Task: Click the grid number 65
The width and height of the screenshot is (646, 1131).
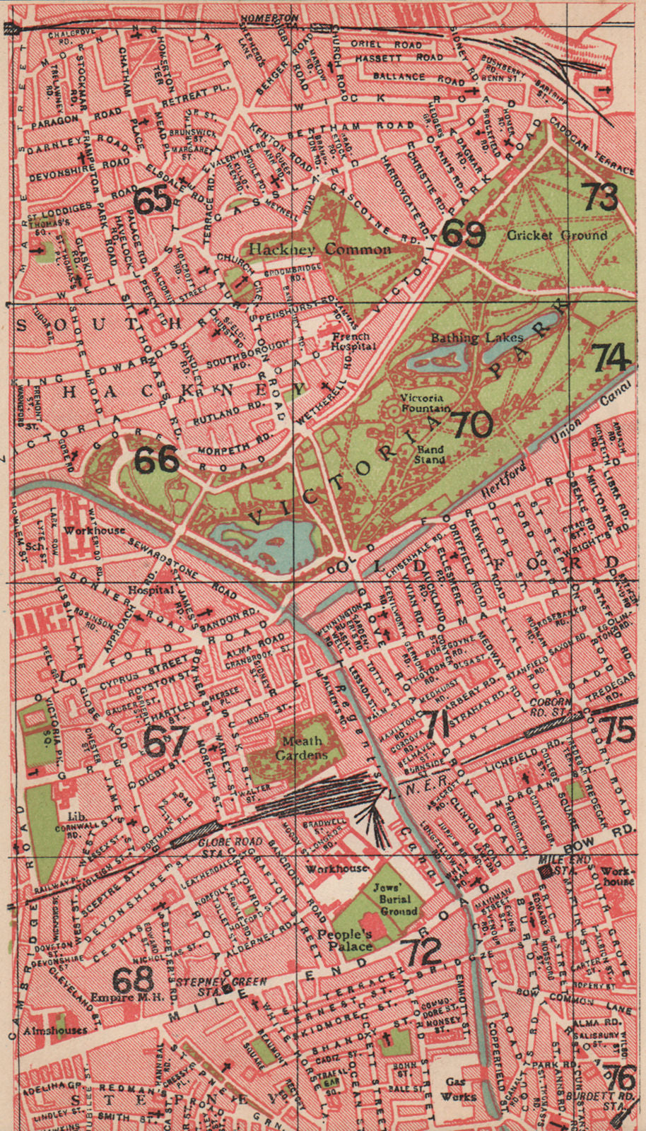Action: coord(153,201)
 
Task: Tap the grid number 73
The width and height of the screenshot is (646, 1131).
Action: coord(601,197)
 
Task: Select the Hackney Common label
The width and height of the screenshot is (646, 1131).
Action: coord(319,250)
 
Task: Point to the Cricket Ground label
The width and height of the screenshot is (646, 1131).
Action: coord(557,235)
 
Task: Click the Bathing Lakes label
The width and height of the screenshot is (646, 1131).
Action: coord(477,338)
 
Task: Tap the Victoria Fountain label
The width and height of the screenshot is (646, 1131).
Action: coord(425,403)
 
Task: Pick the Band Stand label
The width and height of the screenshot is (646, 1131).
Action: coord(430,454)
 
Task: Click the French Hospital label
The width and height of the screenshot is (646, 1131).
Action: coord(353,341)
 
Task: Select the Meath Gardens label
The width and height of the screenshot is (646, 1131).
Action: coord(302,748)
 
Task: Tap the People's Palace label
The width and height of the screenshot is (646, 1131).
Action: coord(344,939)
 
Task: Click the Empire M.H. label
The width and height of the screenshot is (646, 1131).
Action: coord(127,997)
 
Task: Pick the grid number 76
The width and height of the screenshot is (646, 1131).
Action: coord(620,1078)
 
